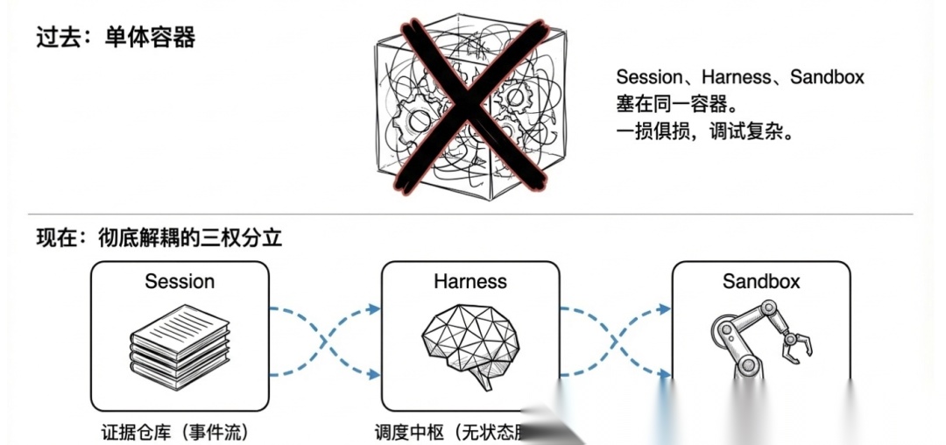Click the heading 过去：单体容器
115,38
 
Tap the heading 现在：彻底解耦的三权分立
159,237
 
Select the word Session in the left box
180,282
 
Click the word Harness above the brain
470,282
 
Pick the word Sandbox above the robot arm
761,282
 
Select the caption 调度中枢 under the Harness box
411,432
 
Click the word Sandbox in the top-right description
827,77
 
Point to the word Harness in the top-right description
737,77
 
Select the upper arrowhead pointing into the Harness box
374,308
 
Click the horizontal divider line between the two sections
473,214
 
